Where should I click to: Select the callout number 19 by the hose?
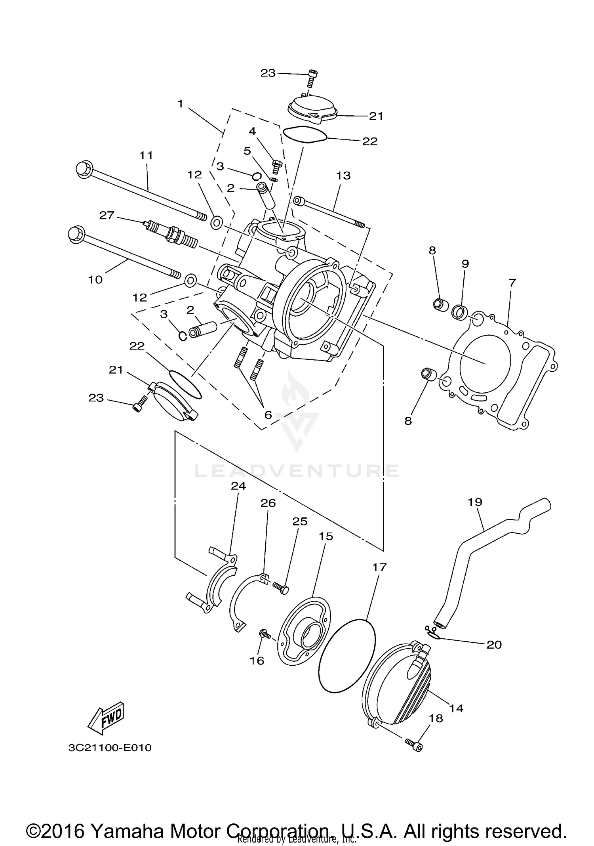[x=475, y=502]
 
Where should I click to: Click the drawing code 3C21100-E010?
[x=110, y=748]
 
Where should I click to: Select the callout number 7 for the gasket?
[x=512, y=283]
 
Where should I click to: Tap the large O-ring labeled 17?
[x=346, y=656]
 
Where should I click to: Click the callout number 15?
[x=326, y=537]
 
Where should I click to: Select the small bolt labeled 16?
[x=264, y=634]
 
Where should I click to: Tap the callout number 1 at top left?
[x=181, y=104]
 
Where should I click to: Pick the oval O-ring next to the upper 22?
[x=304, y=134]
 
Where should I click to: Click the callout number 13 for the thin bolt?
[x=343, y=176]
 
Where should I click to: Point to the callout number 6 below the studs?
[x=268, y=415]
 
